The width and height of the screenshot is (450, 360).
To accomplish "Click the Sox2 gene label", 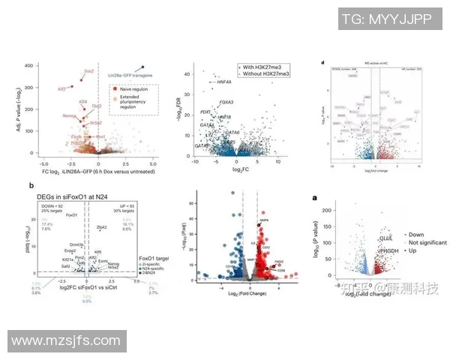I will tap(89, 71).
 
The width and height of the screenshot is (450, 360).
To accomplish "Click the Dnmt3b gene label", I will tap(75, 244).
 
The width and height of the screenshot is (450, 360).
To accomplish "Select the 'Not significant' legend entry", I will tap(427, 243).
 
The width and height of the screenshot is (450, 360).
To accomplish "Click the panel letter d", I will tap(322, 64).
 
